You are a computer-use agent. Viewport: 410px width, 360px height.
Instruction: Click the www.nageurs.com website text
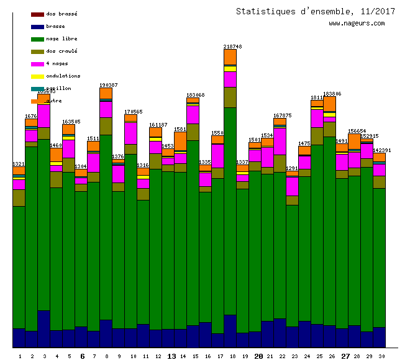coord(357,23)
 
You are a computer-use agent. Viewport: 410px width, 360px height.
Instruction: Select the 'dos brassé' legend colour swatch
coord(37,14)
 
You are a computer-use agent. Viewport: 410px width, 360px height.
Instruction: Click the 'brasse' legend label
coord(55,27)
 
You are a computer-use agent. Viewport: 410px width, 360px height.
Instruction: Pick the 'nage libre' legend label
coord(61,39)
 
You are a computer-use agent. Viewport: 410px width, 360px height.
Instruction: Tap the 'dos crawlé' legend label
coord(61,52)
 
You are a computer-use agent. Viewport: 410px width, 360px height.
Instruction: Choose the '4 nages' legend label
coord(57,64)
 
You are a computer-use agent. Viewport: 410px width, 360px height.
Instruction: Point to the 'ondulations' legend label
coord(63,76)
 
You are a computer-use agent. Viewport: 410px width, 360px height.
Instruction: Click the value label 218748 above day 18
coord(233,47)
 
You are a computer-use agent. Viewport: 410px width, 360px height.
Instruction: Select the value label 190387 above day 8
coord(108,85)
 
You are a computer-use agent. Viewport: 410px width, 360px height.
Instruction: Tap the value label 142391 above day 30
coord(382,151)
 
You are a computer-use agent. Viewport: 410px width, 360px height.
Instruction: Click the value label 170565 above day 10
coord(133,112)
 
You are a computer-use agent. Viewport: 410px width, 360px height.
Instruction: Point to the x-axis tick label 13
coord(172,356)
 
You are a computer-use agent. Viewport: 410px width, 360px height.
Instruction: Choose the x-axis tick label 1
coord(20,356)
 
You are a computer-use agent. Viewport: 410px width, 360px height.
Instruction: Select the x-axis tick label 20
coord(258,356)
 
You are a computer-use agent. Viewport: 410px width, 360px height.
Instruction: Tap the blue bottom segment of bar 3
coord(43,329)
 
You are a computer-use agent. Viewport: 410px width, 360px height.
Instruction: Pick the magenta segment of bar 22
coord(280,141)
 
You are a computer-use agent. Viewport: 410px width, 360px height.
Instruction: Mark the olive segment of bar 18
coord(230,97)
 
